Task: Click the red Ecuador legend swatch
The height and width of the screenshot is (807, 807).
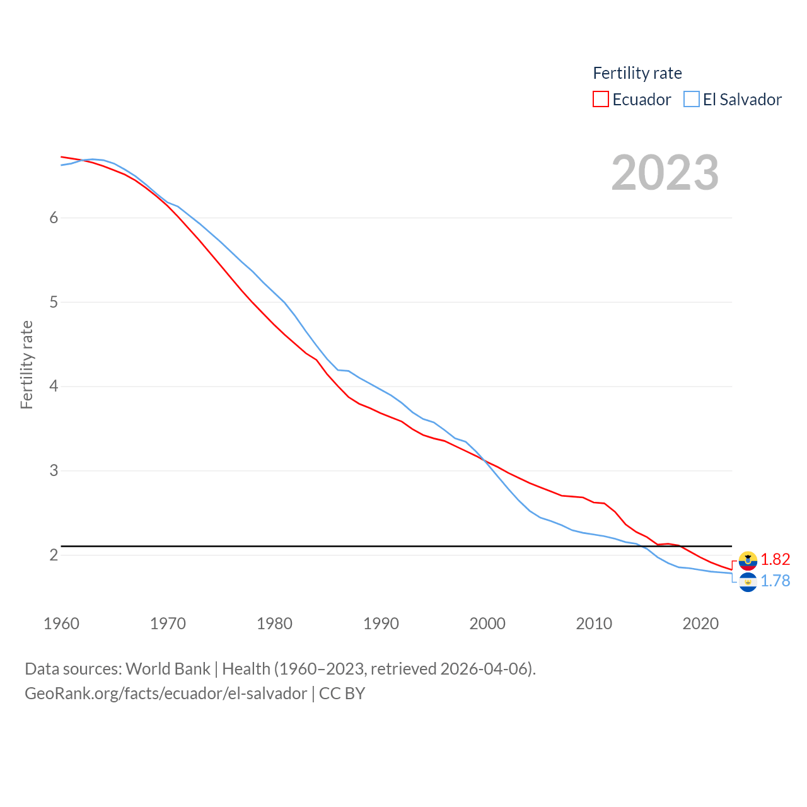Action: (x=600, y=100)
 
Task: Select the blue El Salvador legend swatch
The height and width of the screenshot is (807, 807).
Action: (x=692, y=100)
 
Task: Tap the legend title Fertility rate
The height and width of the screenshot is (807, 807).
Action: (x=637, y=73)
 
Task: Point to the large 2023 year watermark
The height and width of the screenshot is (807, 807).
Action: (x=665, y=173)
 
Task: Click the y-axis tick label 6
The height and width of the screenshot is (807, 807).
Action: (x=54, y=218)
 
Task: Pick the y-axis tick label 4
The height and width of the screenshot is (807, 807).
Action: (x=54, y=386)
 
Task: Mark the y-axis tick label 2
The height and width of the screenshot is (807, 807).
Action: (x=54, y=555)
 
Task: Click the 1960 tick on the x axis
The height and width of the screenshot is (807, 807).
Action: (x=61, y=624)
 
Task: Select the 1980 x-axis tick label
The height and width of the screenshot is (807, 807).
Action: (x=274, y=624)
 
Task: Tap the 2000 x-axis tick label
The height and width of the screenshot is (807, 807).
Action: (x=487, y=624)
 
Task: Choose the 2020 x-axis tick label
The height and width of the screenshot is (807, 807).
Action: (x=700, y=624)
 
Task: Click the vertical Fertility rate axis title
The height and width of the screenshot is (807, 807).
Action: (x=26, y=364)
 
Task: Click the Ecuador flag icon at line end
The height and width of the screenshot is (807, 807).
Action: (x=748, y=560)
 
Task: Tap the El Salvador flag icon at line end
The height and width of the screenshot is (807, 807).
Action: (x=748, y=582)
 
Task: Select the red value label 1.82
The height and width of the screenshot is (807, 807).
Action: (x=775, y=559)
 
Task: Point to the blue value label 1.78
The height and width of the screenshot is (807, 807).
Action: (x=775, y=581)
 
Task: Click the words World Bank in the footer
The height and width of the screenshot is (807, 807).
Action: (x=168, y=669)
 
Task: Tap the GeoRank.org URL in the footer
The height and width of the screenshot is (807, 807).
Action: (x=166, y=694)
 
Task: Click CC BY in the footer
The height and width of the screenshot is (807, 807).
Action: (x=342, y=694)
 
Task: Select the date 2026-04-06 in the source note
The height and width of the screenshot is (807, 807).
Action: (x=485, y=669)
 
